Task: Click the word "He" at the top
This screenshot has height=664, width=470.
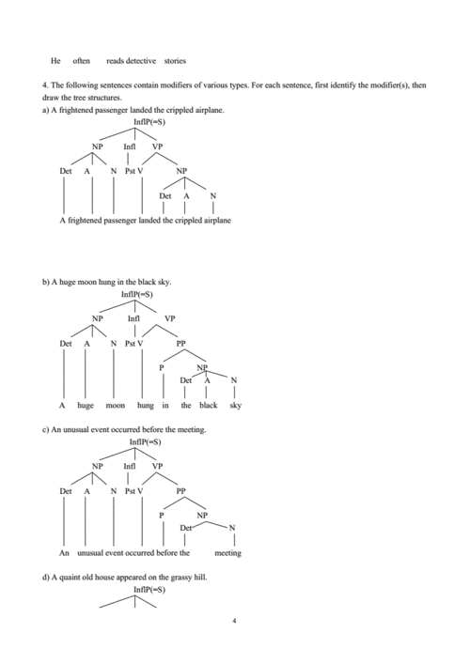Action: (x=55, y=61)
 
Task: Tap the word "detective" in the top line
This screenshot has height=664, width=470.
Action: (x=141, y=61)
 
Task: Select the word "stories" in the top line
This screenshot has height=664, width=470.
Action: (x=175, y=61)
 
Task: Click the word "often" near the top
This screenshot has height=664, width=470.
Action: (x=81, y=61)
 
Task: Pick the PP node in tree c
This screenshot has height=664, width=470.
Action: (x=181, y=491)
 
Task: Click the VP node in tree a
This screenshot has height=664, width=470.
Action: (x=157, y=147)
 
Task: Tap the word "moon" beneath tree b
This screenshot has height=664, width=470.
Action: (x=115, y=406)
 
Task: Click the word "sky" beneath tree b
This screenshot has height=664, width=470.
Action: (x=235, y=406)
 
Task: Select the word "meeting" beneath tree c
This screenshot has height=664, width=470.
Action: (x=227, y=553)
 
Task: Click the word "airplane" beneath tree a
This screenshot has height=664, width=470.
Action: (x=216, y=221)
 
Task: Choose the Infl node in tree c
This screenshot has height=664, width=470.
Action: (x=130, y=467)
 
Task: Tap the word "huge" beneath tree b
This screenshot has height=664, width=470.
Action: (x=86, y=406)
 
